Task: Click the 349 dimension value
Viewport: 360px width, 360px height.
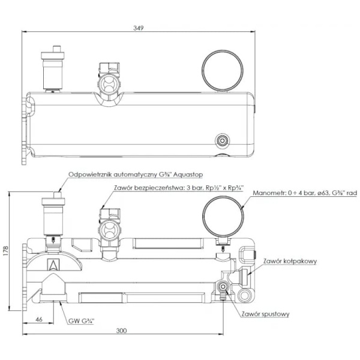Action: pyautogui.click(x=139, y=28)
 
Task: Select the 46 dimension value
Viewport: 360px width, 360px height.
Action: pyautogui.click(x=39, y=319)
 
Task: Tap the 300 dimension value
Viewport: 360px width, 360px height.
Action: pyautogui.click(x=121, y=331)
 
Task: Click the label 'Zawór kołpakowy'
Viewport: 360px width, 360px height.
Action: pyautogui.click(x=290, y=261)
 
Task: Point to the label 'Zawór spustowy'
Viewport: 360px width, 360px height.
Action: pyautogui.click(x=265, y=314)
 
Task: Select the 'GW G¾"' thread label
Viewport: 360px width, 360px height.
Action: pyautogui.click(x=82, y=321)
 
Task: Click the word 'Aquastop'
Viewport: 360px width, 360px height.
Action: pyautogui.click(x=188, y=175)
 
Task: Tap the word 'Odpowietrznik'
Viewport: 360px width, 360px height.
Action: pyautogui.click(x=89, y=175)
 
